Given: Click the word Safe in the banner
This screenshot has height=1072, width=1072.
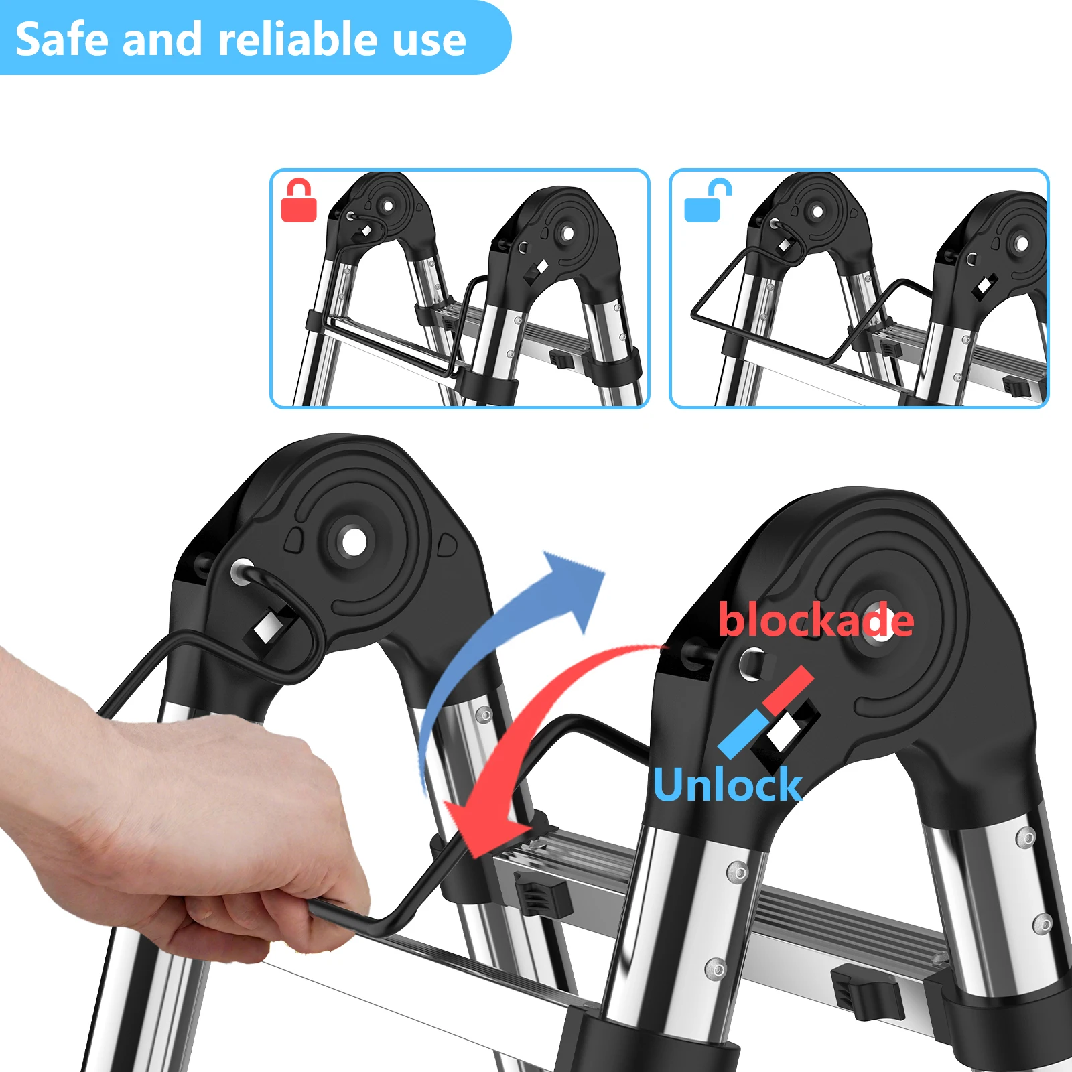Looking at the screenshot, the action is click(x=62, y=39).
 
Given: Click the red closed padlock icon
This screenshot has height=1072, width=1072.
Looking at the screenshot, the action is click(x=299, y=200).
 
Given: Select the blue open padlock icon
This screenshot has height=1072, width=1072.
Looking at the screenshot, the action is click(x=708, y=200).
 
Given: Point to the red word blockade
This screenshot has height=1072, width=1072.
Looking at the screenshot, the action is click(x=816, y=620).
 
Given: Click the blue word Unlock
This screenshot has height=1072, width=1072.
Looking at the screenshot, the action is click(x=727, y=784).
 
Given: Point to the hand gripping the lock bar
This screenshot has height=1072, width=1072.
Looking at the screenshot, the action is click(x=181, y=824).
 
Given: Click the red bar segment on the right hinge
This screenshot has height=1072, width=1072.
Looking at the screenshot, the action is click(x=789, y=691).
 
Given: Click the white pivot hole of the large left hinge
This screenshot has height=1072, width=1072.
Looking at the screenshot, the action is click(x=354, y=541).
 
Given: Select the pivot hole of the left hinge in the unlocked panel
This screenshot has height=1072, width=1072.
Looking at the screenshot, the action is click(x=817, y=212).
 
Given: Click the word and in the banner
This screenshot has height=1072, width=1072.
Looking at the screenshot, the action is click(x=163, y=38).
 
